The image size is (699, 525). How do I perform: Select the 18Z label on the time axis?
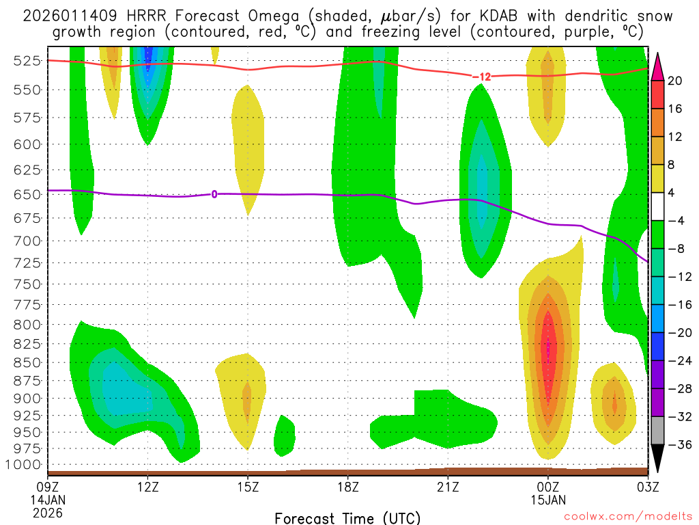347,487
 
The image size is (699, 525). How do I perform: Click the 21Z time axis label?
447,487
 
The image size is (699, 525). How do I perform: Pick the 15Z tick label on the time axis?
248,487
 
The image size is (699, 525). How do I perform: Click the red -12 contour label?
481,77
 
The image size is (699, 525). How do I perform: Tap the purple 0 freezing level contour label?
214,194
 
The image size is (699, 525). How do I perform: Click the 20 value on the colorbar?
675,81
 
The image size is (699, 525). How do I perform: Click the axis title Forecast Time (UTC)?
347,517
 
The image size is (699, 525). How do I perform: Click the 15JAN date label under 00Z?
547,500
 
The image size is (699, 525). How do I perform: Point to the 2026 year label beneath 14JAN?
47,512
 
